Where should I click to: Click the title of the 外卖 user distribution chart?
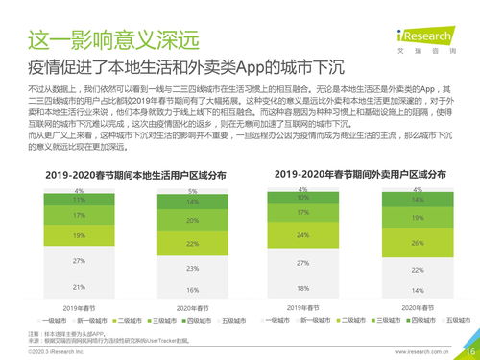point(360,175)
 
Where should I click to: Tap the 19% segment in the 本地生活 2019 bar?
point(78,235)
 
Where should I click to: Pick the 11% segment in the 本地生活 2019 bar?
point(78,201)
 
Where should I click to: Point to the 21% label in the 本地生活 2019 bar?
point(78,287)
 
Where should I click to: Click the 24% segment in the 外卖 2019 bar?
point(303,235)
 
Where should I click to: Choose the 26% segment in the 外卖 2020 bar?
point(417,243)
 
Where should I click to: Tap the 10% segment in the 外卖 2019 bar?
point(303,198)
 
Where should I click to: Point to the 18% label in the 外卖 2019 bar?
point(303,288)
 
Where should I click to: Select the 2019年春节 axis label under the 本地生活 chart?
point(78,307)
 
